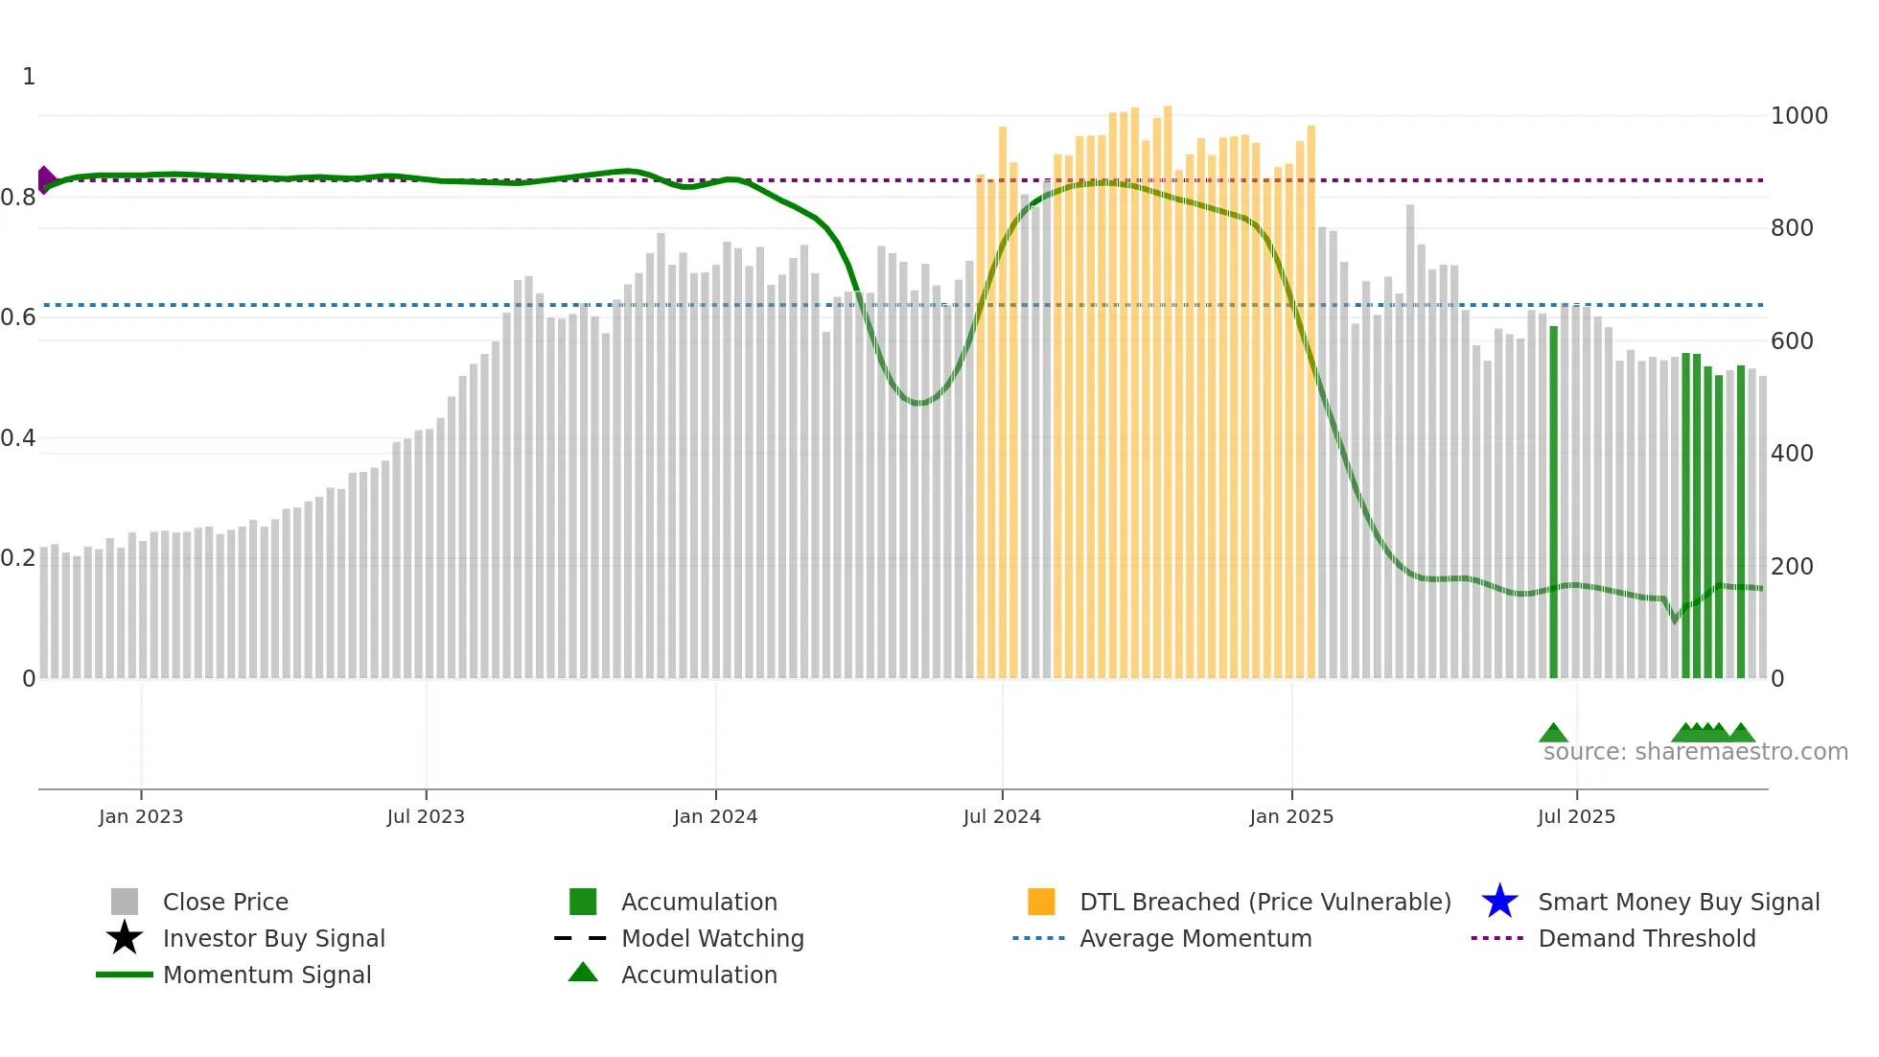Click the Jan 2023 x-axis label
coord(140,816)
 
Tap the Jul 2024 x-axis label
coord(1002,816)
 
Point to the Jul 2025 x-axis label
coord(1576,816)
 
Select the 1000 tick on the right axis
coord(1798,116)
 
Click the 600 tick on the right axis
coord(1792,341)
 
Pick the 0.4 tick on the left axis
coord(18,438)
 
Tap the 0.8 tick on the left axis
coord(18,198)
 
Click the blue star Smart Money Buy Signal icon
coord(1499,902)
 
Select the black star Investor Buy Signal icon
coord(125,938)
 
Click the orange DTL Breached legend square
coord(1041,902)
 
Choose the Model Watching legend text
coord(712,938)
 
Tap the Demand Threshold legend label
coord(1646,938)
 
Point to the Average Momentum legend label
coord(1195,938)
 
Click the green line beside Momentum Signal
coord(125,975)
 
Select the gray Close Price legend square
coord(125,902)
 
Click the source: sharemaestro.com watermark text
coord(1695,751)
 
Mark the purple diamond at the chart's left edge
coord(45,179)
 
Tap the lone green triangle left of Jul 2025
coord(1553,734)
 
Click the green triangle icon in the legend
coord(583,973)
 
